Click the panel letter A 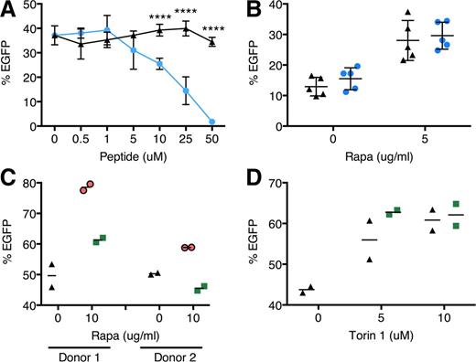coord(8,9)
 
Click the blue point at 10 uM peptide coord(160,63)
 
